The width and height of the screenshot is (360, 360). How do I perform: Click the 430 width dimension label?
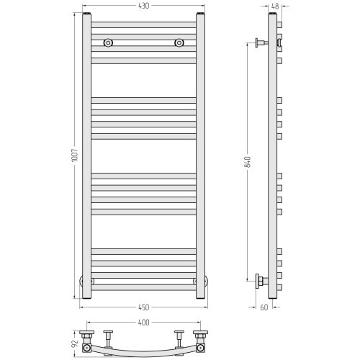(x=143, y=6)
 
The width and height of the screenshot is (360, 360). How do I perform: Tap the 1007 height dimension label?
(x=75, y=156)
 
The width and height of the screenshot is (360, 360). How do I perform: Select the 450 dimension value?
(x=143, y=307)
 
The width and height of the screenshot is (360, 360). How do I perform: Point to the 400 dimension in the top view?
(x=143, y=323)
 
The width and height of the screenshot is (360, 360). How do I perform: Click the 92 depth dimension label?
(x=75, y=343)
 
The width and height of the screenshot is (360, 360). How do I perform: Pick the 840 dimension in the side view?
(x=248, y=162)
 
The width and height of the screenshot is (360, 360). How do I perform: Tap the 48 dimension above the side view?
(x=275, y=6)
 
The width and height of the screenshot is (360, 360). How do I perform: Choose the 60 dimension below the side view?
(x=264, y=307)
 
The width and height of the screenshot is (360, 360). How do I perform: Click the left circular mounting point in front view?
(x=108, y=43)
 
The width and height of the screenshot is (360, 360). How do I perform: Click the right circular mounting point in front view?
(x=179, y=43)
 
